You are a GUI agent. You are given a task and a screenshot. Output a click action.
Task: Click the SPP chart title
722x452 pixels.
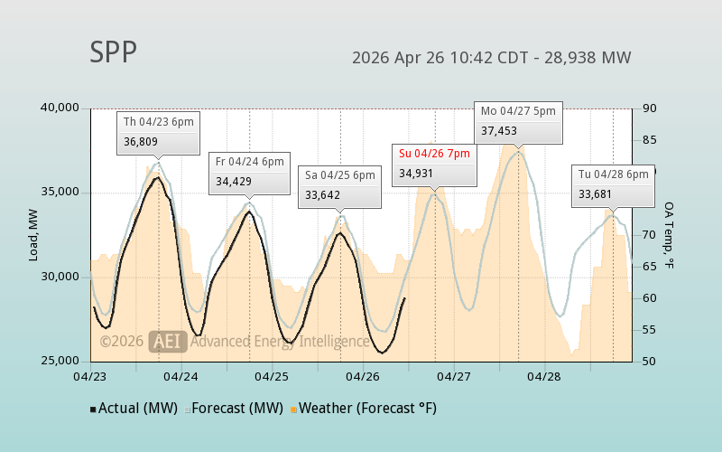point(113,52)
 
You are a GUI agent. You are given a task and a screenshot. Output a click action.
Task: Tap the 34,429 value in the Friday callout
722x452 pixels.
point(233,181)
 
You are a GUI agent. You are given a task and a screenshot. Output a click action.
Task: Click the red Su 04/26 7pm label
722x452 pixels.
point(434,154)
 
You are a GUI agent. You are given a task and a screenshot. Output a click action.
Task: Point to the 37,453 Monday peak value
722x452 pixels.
point(499,131)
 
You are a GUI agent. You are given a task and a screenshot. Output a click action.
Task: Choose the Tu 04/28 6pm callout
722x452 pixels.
point(613,174)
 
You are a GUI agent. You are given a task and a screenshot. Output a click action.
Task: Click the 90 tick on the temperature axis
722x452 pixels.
point(648,108)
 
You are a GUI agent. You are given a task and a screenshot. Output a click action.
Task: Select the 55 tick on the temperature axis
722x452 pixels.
point(648,331)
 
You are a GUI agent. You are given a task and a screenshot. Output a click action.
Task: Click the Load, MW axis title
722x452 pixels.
point(32,235)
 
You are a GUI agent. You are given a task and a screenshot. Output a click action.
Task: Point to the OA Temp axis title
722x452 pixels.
point(669,235)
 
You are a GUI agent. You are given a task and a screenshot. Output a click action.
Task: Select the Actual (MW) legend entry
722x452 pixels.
point(133,409)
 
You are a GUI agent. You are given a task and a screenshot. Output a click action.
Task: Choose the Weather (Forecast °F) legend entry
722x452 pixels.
point(363,409)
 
